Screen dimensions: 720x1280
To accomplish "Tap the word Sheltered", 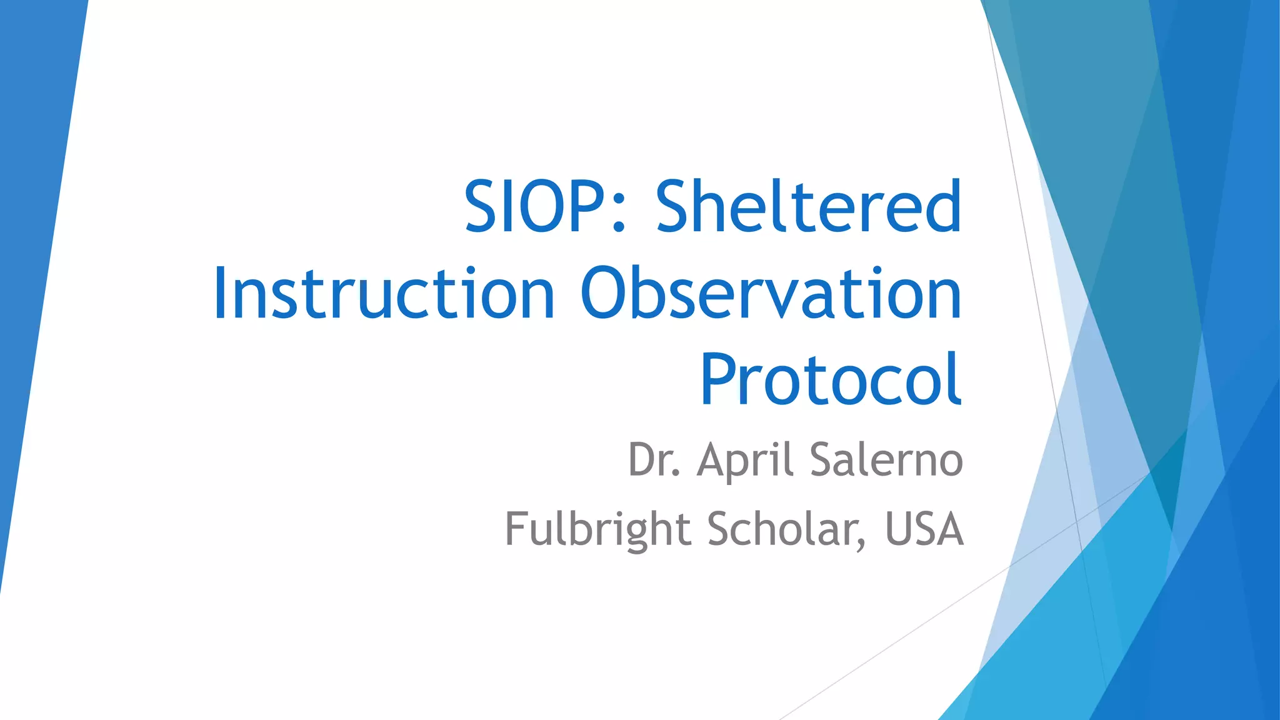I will click(x=808, y=206).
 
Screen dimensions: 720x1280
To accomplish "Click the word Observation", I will click(x=771, y=293).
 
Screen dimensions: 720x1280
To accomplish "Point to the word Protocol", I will click(x=831, y=379).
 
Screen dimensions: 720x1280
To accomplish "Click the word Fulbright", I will click(x=597, y=529).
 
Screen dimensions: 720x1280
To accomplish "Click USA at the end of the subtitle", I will click(x=924, y=529).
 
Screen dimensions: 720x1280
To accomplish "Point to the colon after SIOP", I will click(x=619, y=216).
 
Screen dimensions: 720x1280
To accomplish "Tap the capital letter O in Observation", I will click(x=606, y=293).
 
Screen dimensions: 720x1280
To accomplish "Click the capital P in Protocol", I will click(x=719, y=379).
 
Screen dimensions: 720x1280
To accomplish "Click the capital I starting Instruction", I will click(x=219, y=293).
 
